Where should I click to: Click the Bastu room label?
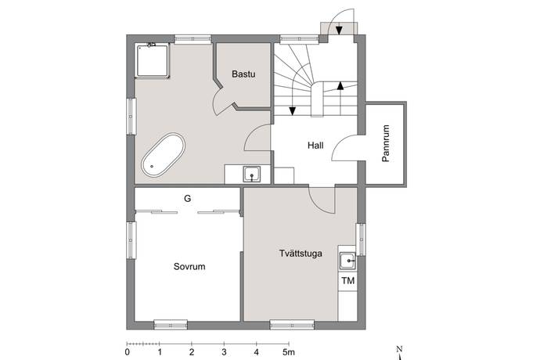243,74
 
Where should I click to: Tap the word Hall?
315,146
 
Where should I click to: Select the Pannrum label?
386,143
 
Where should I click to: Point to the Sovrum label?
189,266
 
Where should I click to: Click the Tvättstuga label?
301,254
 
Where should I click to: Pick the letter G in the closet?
187,199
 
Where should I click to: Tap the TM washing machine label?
347,281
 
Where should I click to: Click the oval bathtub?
163,155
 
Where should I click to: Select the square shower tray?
153,61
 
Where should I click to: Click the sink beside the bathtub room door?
252,174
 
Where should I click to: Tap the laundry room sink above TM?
347,261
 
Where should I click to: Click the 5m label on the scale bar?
289,352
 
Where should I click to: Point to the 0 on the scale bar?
128,352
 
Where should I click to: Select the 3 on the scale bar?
224,352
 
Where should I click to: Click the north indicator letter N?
399,349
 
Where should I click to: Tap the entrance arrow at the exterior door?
339,29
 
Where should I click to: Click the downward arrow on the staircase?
293,111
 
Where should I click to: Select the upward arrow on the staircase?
340,86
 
